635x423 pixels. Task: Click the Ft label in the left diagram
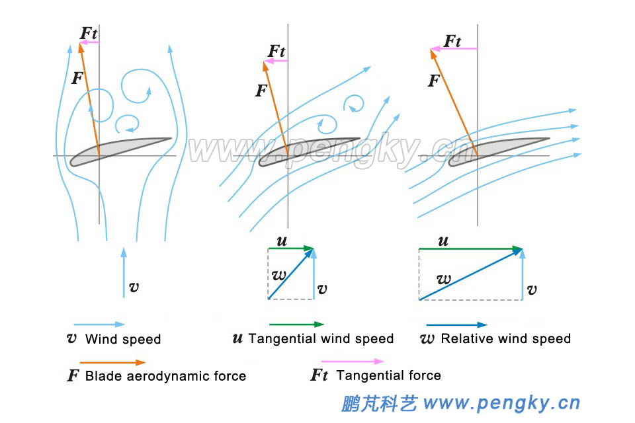coord(89,32)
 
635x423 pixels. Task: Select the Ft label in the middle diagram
coord(277,51)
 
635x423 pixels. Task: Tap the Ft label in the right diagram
coord(452,41)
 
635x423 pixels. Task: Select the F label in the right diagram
coord(434,81)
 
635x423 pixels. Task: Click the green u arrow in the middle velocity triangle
coord(291,249)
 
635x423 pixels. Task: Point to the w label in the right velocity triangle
coord(444,279)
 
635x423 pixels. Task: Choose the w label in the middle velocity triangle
coord(278,273)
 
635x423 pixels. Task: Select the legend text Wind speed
coord(123,340)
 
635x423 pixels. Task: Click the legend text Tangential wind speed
coord(321,339)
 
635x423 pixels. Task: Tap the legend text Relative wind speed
coord(505,339)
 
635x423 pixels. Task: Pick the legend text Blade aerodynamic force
coord(165,376)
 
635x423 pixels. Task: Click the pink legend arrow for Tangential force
coord(347,362)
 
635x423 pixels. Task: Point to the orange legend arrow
coord(112,362)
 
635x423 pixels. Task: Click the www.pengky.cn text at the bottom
coord(501,403)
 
